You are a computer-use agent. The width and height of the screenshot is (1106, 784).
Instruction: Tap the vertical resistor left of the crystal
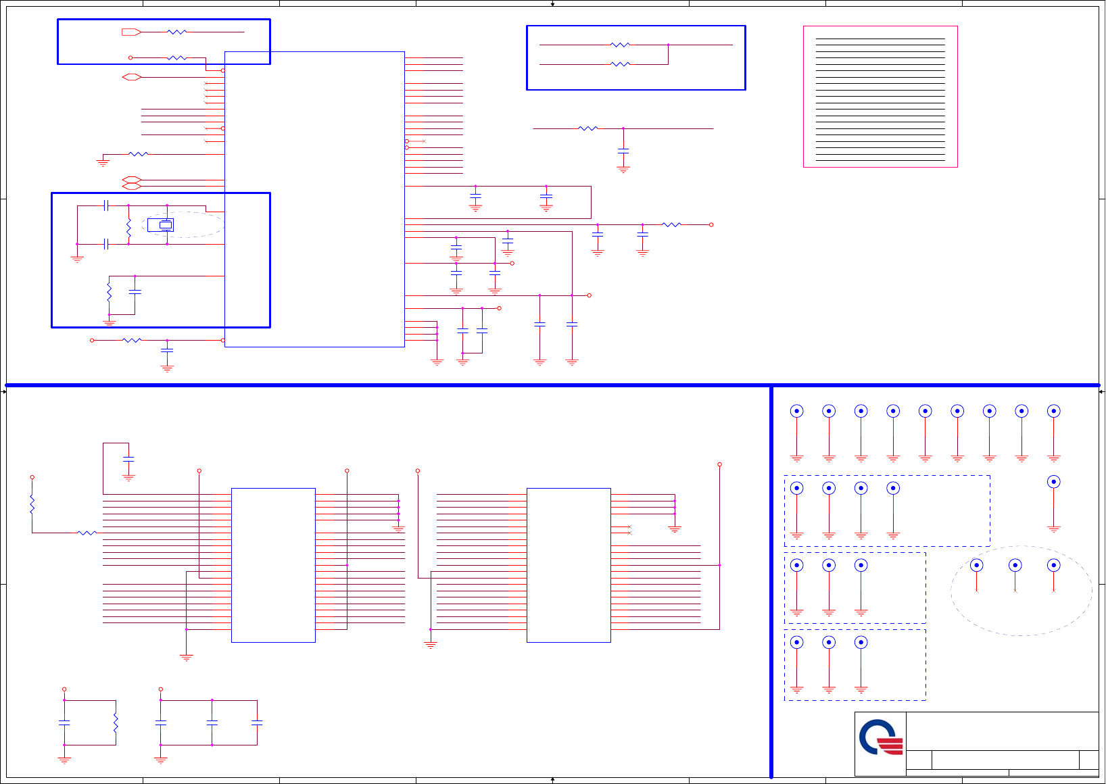[x=128, y=228]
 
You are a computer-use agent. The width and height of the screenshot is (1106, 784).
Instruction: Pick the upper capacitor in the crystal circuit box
[x=105, y=205]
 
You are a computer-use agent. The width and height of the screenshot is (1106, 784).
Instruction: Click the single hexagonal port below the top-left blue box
[x=131, y=77]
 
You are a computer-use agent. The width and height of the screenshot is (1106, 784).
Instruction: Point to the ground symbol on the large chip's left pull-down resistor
[x=103, y=163]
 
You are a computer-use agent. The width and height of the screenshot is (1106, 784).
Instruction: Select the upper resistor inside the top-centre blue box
[x=620, y=45]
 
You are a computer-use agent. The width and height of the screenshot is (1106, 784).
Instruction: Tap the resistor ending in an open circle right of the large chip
[x=671, y=224]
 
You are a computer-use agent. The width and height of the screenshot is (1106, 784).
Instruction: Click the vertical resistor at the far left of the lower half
[x=32, y=504]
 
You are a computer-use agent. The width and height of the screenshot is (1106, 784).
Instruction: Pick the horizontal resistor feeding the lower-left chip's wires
[x=87, y=533]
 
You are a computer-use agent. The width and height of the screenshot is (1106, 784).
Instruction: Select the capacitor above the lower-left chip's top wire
[x=128, y=459]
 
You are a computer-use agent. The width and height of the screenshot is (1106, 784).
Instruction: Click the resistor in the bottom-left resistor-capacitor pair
[x=116, y=722]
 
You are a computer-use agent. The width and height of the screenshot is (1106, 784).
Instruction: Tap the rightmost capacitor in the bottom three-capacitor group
[x=257, y=722]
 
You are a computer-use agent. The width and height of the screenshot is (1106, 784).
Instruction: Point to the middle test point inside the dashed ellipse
[x=1015, y=565]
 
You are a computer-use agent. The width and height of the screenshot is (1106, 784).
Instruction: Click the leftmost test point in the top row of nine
[x=797, y=411]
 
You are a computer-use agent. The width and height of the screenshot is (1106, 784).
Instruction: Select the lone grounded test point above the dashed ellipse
[x=1053, y=482]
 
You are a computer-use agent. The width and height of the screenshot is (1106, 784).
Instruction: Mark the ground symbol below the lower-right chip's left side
[x=431, y=645]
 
